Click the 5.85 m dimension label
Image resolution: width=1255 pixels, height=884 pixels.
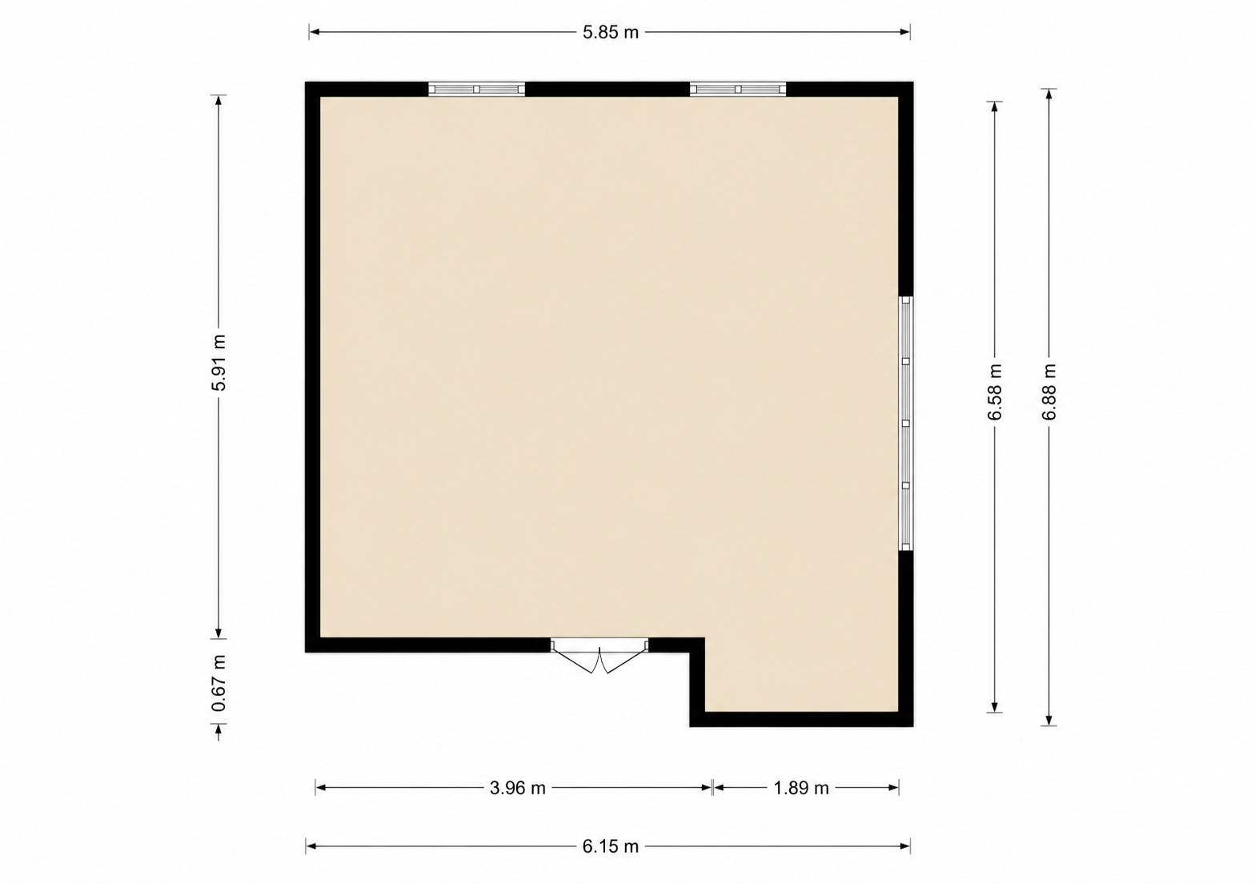[610, 33]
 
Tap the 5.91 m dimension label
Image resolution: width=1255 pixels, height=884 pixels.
[219, 363]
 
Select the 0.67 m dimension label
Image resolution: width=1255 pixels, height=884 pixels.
[219, 683]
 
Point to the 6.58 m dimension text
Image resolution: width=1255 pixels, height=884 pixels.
[994, 392]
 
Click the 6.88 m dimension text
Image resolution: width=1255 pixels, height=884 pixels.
[1049, 392]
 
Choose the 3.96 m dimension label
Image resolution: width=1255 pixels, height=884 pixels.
[517, 788]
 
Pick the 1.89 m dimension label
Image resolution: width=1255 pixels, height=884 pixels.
[800, 788]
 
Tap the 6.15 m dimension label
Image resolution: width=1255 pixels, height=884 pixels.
[610, 846]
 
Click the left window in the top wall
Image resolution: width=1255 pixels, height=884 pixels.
[476, 89]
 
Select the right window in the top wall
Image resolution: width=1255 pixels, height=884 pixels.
[738, 89]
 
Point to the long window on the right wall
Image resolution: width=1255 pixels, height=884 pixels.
[906, 424]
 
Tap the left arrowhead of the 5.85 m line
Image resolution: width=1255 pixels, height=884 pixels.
[315, 32]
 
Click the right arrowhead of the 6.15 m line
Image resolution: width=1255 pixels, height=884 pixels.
[904, 846]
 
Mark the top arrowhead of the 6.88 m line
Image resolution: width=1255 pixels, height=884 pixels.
[1049, 94]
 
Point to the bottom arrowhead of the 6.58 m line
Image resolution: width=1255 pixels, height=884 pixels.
[994, 707]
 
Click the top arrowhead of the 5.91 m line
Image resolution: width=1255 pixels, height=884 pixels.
[219, 100]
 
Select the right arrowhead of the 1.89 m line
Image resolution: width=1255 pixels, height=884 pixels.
[894, 788]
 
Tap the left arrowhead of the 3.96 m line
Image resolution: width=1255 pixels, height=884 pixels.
[321, 788]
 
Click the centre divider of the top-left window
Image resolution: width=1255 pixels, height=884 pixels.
[476, 89]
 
